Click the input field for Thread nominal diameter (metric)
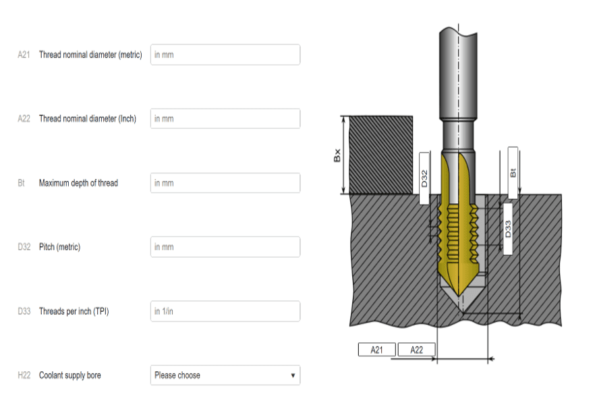coord(225,55)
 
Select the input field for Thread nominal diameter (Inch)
coord(225,119)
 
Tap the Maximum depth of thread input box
coord(225,183)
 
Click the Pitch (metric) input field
coord(225,247)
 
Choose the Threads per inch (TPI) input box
coord(225,311)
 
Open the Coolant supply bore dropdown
coord(225,375)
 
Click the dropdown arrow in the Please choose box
coord(293,375)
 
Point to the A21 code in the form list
coord(24,55)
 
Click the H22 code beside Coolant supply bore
coord(24,375)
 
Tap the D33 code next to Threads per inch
coord(24,311)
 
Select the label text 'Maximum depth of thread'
coord(78,183)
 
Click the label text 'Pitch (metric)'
coord(59,247)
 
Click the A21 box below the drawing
coord(377,349)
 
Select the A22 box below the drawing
coord(416,349)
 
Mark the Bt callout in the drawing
coord(513,173)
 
